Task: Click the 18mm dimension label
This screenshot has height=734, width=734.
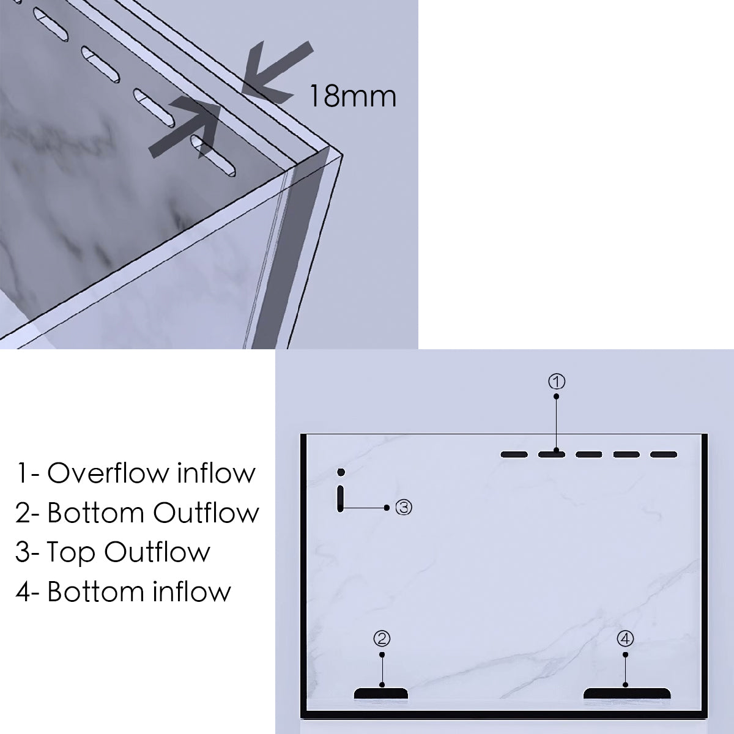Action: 353,97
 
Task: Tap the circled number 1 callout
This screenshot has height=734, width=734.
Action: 557,381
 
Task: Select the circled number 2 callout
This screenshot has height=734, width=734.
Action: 382,639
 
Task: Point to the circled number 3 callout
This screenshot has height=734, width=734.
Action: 404,507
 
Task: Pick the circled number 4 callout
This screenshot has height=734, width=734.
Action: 625,639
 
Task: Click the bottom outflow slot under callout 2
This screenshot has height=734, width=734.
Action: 381,693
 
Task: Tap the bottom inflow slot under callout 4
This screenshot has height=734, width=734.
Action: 627,693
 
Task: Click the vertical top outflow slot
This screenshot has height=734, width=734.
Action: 341,499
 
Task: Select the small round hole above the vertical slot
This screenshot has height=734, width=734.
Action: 341,472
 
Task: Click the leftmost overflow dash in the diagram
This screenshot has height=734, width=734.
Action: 514,454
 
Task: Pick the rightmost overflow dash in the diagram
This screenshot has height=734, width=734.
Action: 664,454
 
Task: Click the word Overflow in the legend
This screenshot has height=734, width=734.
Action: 108,473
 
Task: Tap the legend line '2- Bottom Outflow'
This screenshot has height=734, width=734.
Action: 137,513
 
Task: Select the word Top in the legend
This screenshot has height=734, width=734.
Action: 71,552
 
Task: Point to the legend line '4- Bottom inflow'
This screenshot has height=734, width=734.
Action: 123,591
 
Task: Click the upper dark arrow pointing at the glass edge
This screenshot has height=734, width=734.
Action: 276,72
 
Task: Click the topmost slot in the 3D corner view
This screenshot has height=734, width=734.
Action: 51,24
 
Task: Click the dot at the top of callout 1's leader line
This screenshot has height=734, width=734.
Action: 556,396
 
